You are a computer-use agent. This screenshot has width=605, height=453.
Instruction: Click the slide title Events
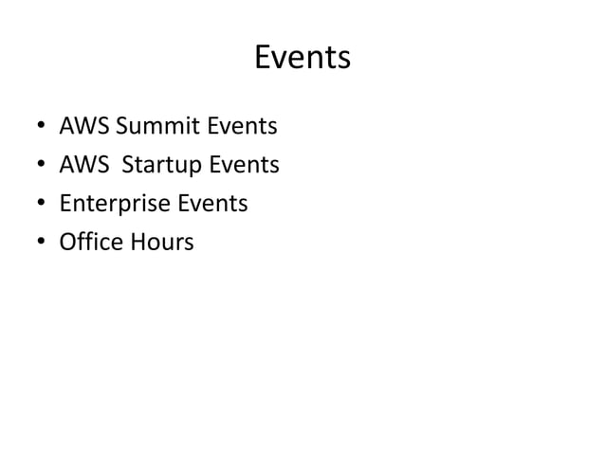[302, 59]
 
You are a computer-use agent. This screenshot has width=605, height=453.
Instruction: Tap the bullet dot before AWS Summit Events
[41, 127]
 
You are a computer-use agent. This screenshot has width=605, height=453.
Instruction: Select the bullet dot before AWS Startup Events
[41, 166]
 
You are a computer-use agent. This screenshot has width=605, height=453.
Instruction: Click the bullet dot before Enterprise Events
[41, 205]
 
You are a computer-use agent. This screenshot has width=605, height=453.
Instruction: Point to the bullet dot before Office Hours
[41, 244]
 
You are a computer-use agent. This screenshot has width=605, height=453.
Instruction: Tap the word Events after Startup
[244, 165]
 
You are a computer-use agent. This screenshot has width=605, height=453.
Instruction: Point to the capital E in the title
[263, 59]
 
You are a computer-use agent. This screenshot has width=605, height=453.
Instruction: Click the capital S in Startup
[128, 165]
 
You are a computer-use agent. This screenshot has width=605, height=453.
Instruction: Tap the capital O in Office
[67, 243]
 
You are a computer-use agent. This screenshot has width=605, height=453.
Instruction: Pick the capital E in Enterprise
[64, 204]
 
